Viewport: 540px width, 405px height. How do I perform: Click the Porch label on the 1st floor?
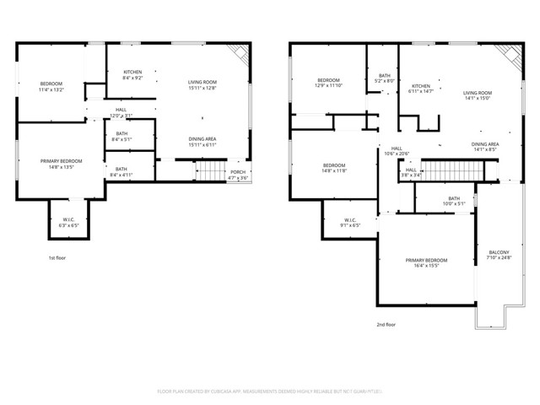(x=239, y=175)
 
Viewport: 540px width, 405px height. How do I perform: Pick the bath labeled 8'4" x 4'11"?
(x=121, y=171)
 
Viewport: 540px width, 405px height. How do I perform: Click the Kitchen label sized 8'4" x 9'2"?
(x=133, y=74)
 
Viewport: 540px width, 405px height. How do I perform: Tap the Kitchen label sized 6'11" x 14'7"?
(x=421, y=89)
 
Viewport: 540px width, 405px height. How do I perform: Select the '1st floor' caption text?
(x=57, y=257)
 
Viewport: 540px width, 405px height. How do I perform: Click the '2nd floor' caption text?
(x=386, y=323)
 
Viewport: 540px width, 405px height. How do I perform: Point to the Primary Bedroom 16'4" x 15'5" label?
(x=424, y=263)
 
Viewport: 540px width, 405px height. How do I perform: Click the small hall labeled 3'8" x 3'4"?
(x=410, y=173)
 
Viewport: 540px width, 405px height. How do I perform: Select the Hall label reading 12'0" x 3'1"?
(x=121, y=112)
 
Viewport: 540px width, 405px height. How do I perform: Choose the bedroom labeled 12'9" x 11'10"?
(x=328, y=83)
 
